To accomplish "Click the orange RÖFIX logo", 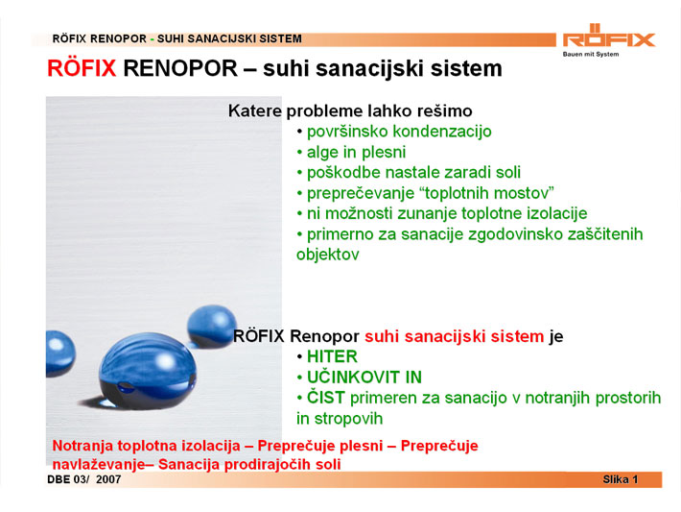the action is [x=609, y=36].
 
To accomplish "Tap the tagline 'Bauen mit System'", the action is [x=591, y=55].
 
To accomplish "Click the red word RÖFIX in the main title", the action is [x=82, y=68].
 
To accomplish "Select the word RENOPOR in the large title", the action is [x=180, y=68].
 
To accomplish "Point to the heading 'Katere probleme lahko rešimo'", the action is [x=350, y=110].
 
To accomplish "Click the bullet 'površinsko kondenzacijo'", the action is [x=399, y=132].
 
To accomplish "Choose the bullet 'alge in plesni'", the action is [x=356, y=152].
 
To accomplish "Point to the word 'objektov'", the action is [x=328, y=255].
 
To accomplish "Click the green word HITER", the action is [x=332, y=356].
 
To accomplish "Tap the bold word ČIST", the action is [x=326, y=397].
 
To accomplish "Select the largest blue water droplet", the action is [x=148, y=371].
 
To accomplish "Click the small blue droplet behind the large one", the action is [x=212, y=326].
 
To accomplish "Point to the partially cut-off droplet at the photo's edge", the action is [x=60, y=354].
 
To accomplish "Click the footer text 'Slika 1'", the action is [x=620, y=479].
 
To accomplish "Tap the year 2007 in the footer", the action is [x=108, y=479].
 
